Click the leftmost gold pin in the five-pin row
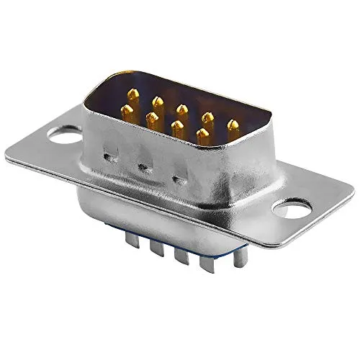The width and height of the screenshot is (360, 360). point(133,95)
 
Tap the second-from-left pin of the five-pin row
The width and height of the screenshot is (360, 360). point(158,103)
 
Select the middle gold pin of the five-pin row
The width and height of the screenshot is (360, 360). point(182,110)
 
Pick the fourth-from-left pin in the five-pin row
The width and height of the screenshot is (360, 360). point(207,118)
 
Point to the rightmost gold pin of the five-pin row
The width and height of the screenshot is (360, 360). point(233,126)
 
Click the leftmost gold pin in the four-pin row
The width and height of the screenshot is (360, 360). point(127,112)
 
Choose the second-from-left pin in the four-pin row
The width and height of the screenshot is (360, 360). point(152,120)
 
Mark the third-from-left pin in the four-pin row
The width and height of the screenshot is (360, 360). point(177,128)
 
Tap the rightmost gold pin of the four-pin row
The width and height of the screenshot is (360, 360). point(203,135)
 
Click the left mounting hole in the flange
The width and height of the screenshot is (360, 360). point(63,133)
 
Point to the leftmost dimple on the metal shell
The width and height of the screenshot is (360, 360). point(110,156)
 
